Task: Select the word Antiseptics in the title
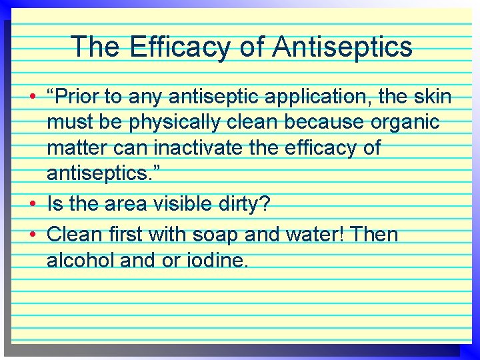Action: point(343,47)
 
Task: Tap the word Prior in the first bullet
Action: point(79,97)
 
